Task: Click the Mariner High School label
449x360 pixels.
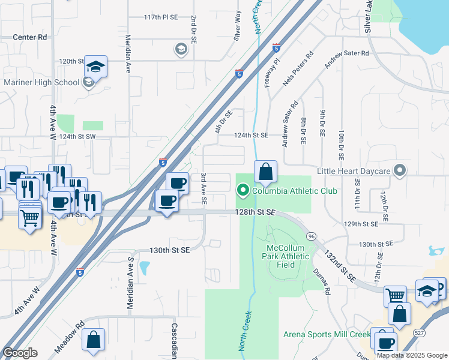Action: [x=41, y=83]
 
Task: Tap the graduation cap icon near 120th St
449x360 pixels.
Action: [x=95, y=66]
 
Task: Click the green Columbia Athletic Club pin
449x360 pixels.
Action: [x=243, y=191]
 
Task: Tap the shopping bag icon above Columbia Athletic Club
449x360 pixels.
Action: [x=265, y=172]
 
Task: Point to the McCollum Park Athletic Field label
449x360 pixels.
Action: [x=287, y=256]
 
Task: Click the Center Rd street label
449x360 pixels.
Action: [x=30, y=37]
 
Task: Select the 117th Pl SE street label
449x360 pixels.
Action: [x=161, y=18]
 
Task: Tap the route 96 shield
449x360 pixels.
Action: [x=312, y=236]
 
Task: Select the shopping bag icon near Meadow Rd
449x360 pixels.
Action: [x=94, y=340]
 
